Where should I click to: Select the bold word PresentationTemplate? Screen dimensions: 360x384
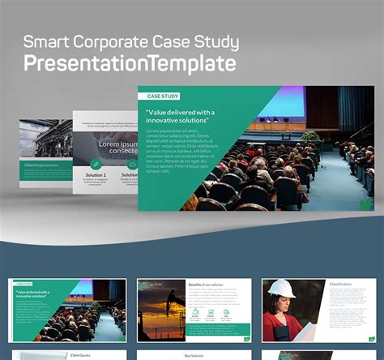tap(130, 62)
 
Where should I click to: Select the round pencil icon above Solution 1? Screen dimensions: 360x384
tap(96, 164)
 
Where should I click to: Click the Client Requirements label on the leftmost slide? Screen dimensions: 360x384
tap(42, 165)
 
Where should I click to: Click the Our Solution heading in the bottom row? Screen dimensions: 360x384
tap(194, 354)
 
